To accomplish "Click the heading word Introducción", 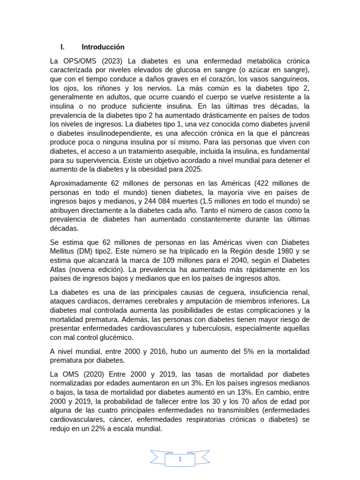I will pos(103,47).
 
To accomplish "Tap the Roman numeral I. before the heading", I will pos(62,47).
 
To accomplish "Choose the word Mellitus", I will pos(64,251).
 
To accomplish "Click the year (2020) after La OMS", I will pos(94,374).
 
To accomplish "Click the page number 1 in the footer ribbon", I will pos(180,460).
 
